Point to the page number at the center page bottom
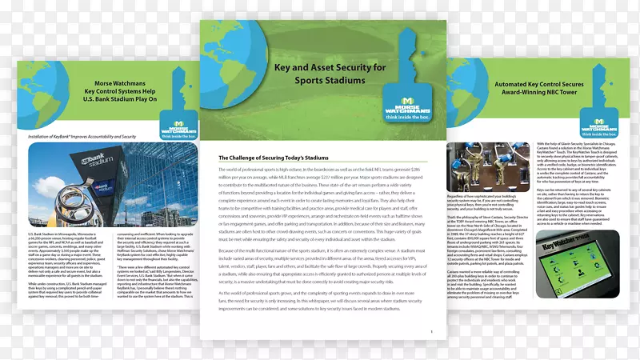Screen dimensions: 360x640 [431, 330]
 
